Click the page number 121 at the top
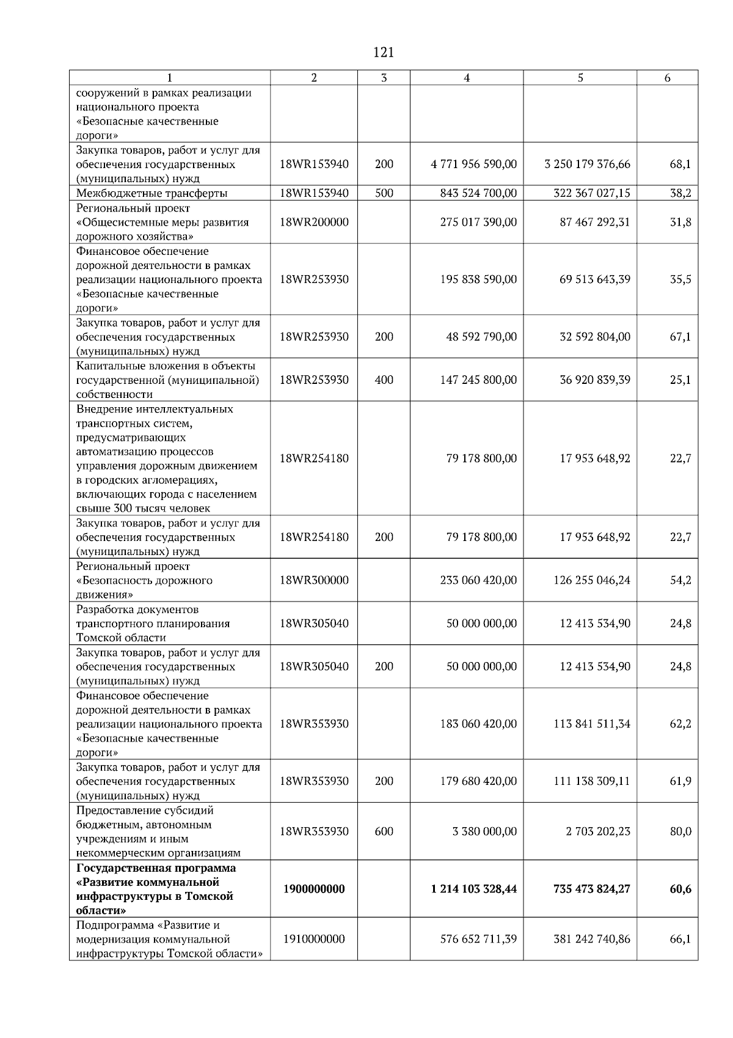(383, 53)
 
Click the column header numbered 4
(467, 78)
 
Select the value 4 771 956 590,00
(474, 164)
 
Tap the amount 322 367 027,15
(587, 193)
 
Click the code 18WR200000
(314, 222)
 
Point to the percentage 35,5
(680, 279)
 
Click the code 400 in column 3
(384, 380)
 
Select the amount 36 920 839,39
(595, 380)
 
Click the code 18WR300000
(314, 580)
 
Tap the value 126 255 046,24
(591, 580)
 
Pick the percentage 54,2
(680, 580)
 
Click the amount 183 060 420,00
(478, 724)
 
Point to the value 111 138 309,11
(591, 781)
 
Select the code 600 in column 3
(384, 831)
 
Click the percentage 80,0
(680, 831)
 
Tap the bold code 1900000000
(314, 889)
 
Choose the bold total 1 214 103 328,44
(473, 889)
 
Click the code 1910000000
(314, 939)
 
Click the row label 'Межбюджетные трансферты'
(152, 193)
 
